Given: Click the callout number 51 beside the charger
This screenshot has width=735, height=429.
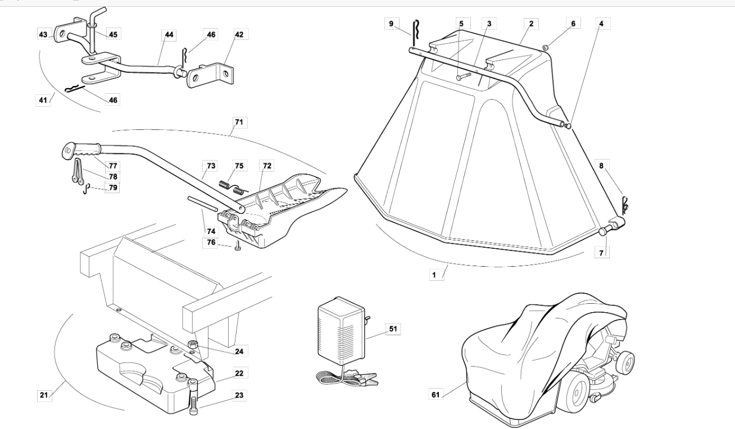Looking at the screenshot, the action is point(393,328).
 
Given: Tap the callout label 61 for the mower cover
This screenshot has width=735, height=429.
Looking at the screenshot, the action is point(435,395).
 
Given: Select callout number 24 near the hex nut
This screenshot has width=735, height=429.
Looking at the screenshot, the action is point(239,352).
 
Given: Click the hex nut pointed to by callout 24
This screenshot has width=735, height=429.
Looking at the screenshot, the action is point(192,345).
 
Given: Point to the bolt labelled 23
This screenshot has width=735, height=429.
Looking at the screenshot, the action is point(193,397).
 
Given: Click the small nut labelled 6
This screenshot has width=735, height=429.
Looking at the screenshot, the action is point(545,48).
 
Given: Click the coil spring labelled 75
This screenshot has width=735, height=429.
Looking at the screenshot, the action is point(232,187).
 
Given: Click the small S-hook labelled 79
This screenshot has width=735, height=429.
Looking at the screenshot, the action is point(86,189).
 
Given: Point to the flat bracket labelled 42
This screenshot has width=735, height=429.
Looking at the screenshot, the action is point(211,75).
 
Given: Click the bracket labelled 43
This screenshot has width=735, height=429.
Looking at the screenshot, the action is point(69,30).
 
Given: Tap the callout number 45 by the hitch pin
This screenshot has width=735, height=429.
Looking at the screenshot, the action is point(113,34).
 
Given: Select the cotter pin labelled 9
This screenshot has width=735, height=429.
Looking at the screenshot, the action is point(416,33).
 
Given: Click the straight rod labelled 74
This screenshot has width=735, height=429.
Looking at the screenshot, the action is point(202,203).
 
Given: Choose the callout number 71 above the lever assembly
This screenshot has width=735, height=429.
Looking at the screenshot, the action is point(239,122).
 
